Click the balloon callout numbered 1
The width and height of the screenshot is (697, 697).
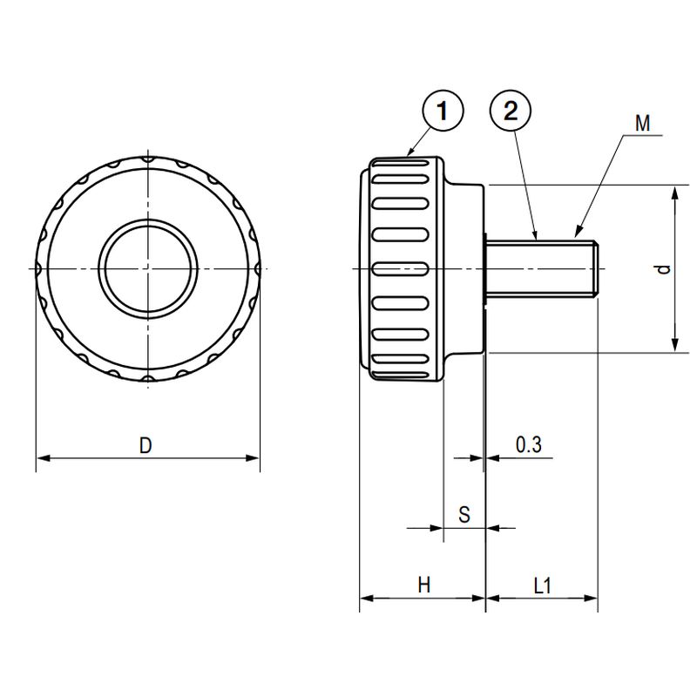(x=442, y=112)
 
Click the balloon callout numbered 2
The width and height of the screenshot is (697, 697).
(x=511, y=112)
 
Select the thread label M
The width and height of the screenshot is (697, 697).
(x=642, y=124)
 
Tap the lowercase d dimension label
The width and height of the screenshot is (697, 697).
(x=664, y=270)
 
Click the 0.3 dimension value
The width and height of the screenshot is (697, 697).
(x=528, y=445)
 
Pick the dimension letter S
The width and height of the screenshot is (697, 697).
(x=464, y=515)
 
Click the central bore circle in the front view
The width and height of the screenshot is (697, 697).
(x=148, y=269)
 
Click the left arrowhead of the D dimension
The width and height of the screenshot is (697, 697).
(x=41, y=457)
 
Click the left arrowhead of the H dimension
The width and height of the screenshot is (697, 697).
(x=365, y=599)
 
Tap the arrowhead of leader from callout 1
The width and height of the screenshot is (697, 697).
(x=411, y=155)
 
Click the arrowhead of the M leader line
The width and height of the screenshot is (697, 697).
(x=577, y=235)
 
